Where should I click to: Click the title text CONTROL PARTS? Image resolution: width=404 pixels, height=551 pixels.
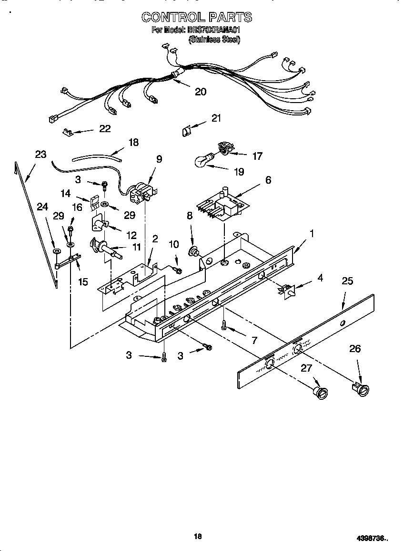click(196, 17)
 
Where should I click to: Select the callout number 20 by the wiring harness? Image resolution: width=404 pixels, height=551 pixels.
click(201, 92)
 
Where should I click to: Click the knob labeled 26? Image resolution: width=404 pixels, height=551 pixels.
click(362, 390)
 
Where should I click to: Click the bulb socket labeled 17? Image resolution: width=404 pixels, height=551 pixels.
click(223, 149)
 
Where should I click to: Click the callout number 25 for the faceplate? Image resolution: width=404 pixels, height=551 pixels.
click(347, 281)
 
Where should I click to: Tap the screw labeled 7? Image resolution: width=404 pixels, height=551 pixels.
click(224, 325)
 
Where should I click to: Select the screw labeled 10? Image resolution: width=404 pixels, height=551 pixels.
click(178, 270)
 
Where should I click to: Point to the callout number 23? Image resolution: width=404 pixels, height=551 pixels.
click(40, 154)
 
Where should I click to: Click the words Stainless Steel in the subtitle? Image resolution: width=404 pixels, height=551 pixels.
click(214, 40)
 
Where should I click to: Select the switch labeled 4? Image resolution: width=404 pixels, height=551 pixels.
click(288, 290)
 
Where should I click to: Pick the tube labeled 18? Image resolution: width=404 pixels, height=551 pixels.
click(95, 156)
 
